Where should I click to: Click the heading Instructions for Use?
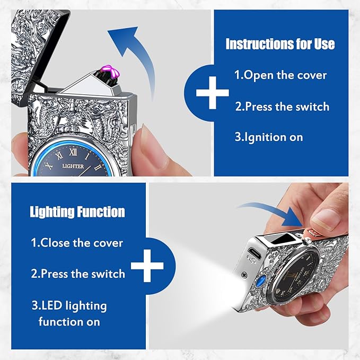tap(280, 44)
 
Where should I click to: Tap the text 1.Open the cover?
tap(280, 75)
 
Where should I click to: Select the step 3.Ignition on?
tap(269, 137)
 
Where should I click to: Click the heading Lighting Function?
tap(77, 212)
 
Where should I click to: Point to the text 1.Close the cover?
tap(77, 243)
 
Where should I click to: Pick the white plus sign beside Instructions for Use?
tap(213, 93)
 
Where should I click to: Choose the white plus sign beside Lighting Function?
tap(147, 266)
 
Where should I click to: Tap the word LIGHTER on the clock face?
tap(73, 166)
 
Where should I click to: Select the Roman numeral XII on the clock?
tap(73, 152)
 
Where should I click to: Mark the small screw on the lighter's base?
tap(244, 274)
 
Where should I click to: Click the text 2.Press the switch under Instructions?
tap(282, 107)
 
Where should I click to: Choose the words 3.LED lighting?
tap(69, 306)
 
